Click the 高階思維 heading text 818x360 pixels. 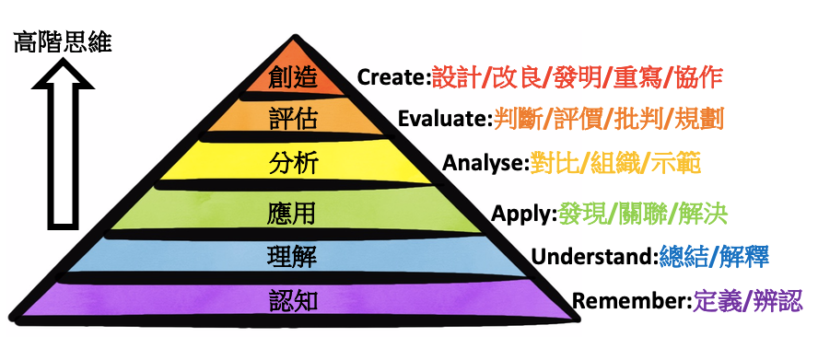click(x=63, y=42)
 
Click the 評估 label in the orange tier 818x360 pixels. click(x=294, y=120)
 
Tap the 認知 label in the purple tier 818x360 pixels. click(x=294, y=301)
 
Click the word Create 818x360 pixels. click(x=393, y=77)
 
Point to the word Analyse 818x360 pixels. click(x=485, y=165)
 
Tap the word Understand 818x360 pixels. click(x=594, y=256)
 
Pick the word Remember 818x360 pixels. click(x=630, y=301)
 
